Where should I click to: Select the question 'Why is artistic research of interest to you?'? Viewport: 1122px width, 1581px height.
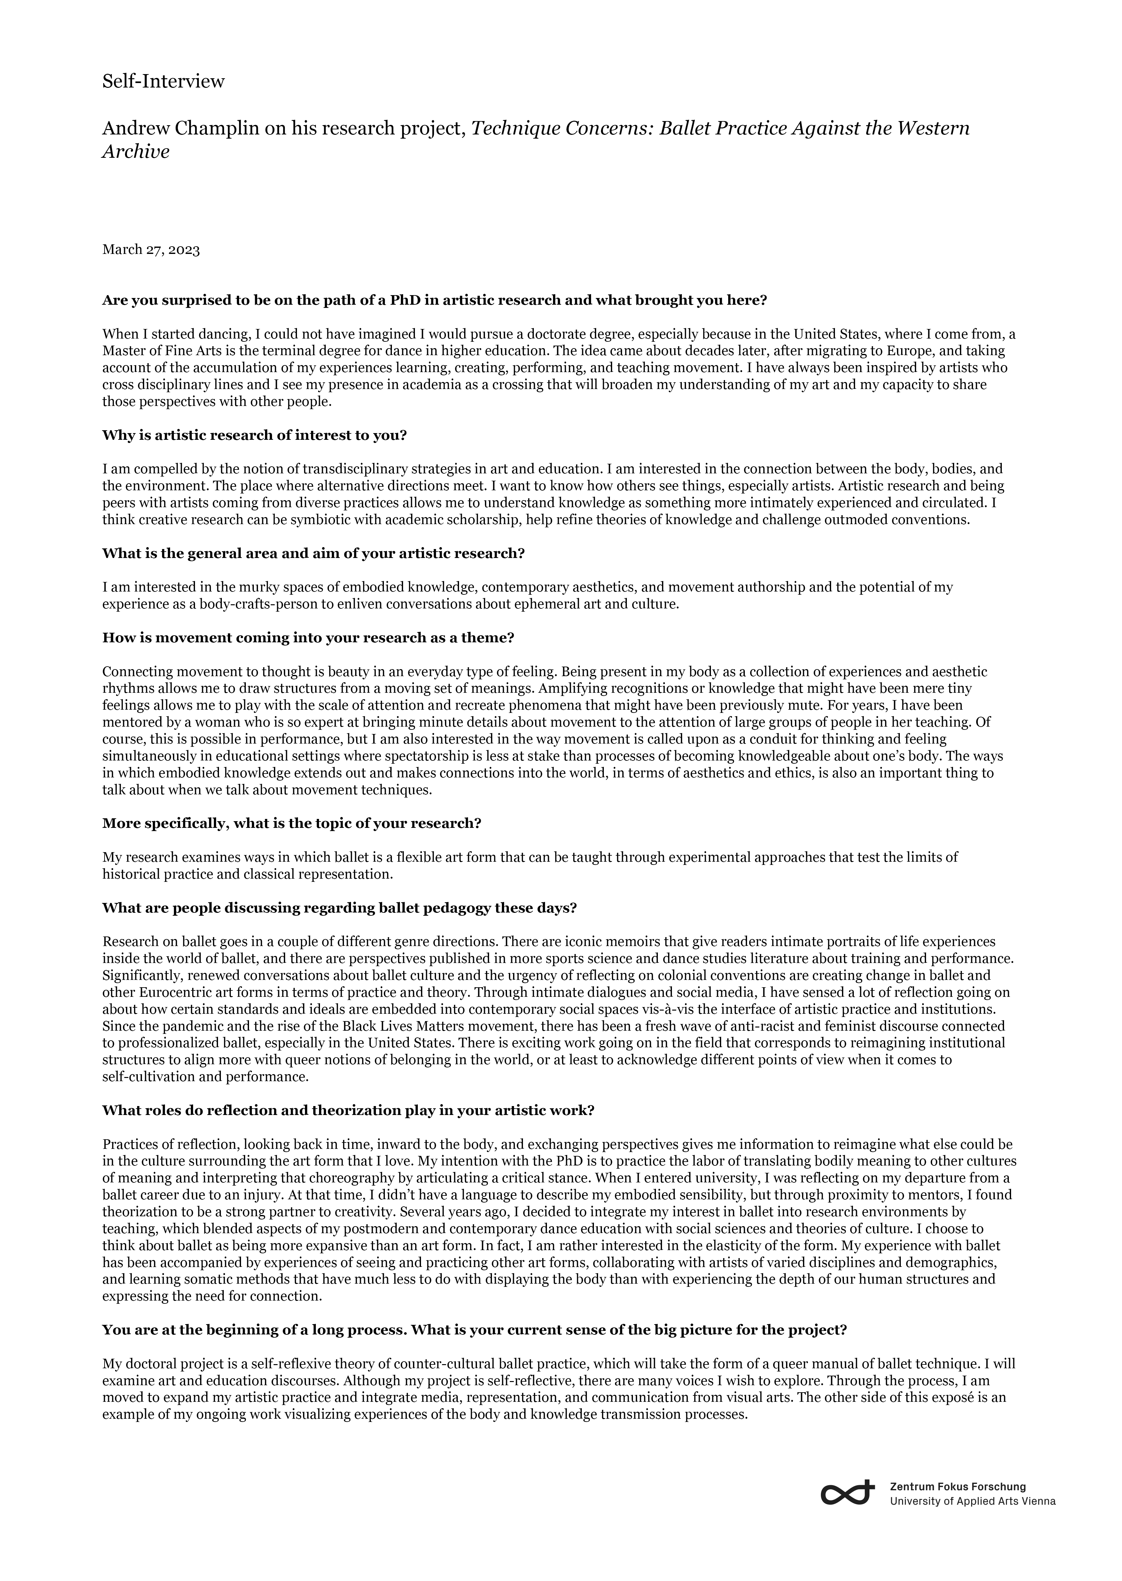(x=254, y=436)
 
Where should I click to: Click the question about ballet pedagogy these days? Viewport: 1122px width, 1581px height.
(x=339, y=908)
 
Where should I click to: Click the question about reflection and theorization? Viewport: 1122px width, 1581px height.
(x=348, y=1110)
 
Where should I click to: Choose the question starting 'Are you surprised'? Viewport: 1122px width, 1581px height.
(x=434, y=300)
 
